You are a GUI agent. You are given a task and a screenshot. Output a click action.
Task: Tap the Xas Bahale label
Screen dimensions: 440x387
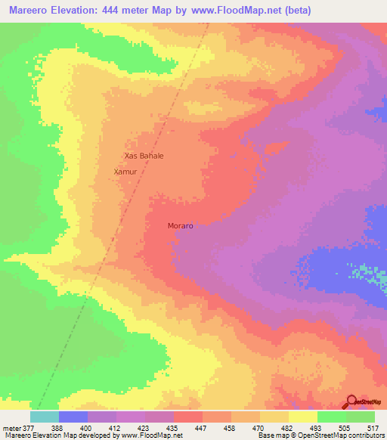tap(144, 156)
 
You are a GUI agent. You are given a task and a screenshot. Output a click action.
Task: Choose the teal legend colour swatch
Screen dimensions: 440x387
tap(45, 416)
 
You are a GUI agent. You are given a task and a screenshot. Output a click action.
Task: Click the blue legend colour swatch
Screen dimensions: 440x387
tap(73, 416)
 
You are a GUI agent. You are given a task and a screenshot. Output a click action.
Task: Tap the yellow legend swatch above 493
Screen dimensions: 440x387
tap(302, 416)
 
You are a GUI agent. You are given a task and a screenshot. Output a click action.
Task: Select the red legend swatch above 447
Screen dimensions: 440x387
tap(188, 416)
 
